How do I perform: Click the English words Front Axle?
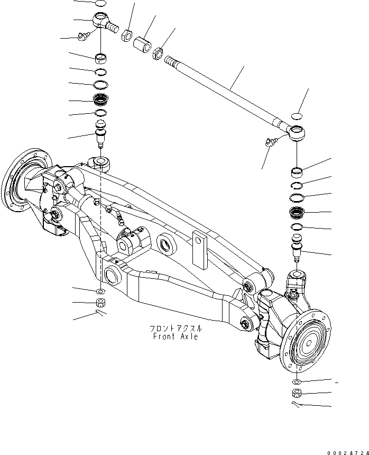click(174, 336)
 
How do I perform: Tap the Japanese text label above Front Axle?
click(175, 328)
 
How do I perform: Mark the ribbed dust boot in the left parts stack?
click(100, 98)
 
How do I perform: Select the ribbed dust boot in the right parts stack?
click(297, 213)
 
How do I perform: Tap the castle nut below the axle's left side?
click(100, 304)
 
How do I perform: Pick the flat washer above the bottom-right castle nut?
click(297, 381)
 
